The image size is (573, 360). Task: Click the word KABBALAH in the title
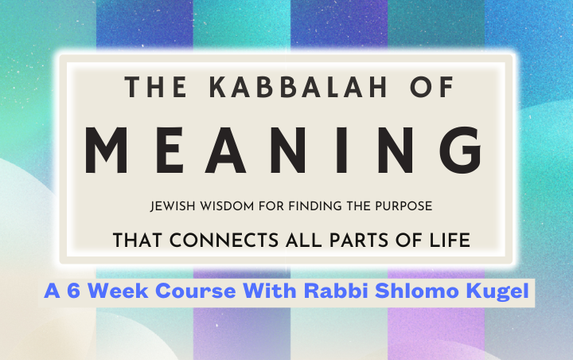pyautogui.click(x=298, y=87)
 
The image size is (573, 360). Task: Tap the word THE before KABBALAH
pyautogui.click(x=156, y=87)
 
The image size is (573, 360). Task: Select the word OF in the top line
pyautogui.click(x=431, y=87)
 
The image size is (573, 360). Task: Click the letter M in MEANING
pyautogui.click(x=106, y=151)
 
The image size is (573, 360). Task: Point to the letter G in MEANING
pyautogui.click(x=461, y=151)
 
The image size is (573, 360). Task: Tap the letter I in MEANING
pyautogui.click(x=342, y=151)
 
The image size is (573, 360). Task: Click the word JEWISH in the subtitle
pyautogui.click(x=173, y=206)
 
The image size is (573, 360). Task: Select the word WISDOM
pyautogui.click(x=227, y=206)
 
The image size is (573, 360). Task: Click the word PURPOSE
pyautogui.click(x=403, y=206)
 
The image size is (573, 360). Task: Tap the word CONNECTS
pyautogui.click(x=224, y=241)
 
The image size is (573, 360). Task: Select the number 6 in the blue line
pyautogui.click(x=73, y=292)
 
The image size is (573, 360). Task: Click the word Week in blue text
pyautogui.click(x=118, y=292)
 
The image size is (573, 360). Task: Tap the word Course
pyautogui.click(x=196, y=292)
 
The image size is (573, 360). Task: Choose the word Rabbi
pyautogui.click(x=336, y=292)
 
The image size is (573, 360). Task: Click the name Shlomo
pyautogui.click(x=417, y=292)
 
